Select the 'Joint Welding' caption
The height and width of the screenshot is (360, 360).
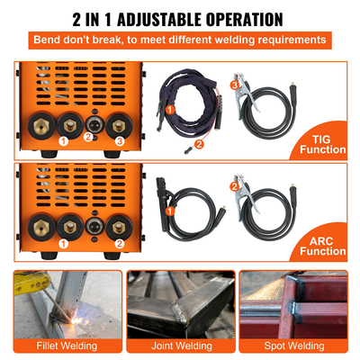pos(180,345)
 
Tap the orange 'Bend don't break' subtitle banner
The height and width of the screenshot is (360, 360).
pos(180,40)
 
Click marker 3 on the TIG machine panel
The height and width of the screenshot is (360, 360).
pos(119,141)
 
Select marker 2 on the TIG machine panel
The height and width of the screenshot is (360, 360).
pos(88,136)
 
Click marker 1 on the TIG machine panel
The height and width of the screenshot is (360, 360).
pos(63,141)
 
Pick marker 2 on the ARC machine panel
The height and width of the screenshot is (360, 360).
pos(119,243)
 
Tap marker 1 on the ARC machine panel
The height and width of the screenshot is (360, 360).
pos(63,243)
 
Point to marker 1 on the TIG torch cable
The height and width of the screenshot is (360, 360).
pos(167,110)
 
